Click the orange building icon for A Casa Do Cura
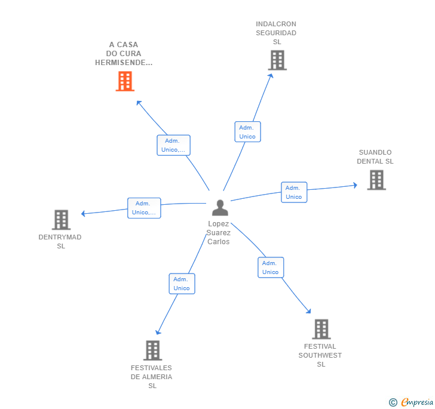(x=124, y=81)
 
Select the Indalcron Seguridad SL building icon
(x=277, y=60)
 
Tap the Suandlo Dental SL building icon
(x=376, y=180)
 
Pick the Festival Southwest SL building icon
(x=321, y=329)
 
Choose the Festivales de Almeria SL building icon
(x=152, y=350)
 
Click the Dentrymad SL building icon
(x=61, y=220)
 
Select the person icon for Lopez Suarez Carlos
(x=220, y=208)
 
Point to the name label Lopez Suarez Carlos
(x=219, y=233)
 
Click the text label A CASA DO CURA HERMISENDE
(x=124, y=54)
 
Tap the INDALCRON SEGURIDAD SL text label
(x=276, y=33)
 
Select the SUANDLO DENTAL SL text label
(x=375, y=157)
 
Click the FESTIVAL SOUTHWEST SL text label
(x=320, y=355)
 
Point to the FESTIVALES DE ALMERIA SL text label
(x=152, y=377)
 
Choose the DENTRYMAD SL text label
(x=60, y=242)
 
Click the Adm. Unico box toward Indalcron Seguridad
(x=247, y=132)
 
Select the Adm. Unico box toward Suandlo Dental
(x=294, y=192)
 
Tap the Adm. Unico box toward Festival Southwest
(x=271, y=267)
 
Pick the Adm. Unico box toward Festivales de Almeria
(x=182, y=284)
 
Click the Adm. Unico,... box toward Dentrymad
(x=144, y=208)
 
